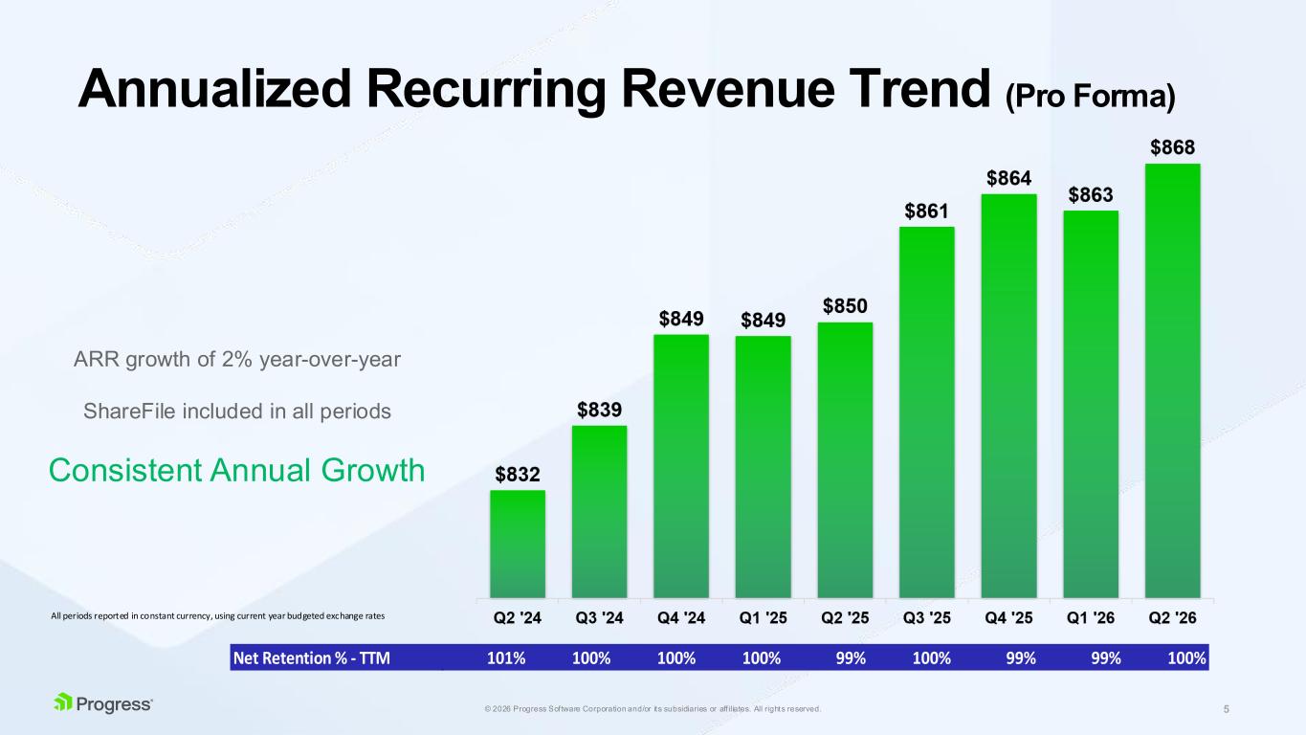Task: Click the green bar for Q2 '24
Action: tap(518, 544)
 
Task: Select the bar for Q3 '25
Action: tap(926, 412)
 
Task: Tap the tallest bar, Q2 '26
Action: tap(1172, 381)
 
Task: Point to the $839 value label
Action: tap(599, 410)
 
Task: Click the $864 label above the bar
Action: tap(1008, 178)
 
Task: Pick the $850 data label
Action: tap(845, 305)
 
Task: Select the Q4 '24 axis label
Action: tap(681, 617)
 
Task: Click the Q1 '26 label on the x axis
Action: tap(1091, 617)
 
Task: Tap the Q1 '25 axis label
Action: tap(764, 617)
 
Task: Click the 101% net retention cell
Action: tap(506, 658)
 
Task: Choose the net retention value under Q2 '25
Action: tap(851, 658)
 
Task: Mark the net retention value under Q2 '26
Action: tap(1186, 658)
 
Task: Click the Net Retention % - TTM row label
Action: tap(311, 658)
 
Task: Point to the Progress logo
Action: tap(103, 703)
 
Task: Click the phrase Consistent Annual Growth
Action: tap(236, 470)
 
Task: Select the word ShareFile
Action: tap(129, 412)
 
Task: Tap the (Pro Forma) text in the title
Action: tap(1091, 97)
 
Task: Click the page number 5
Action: tap(1227, 709)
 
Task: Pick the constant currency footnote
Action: tap(218, 616)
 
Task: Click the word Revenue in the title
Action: tap(728, 89)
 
